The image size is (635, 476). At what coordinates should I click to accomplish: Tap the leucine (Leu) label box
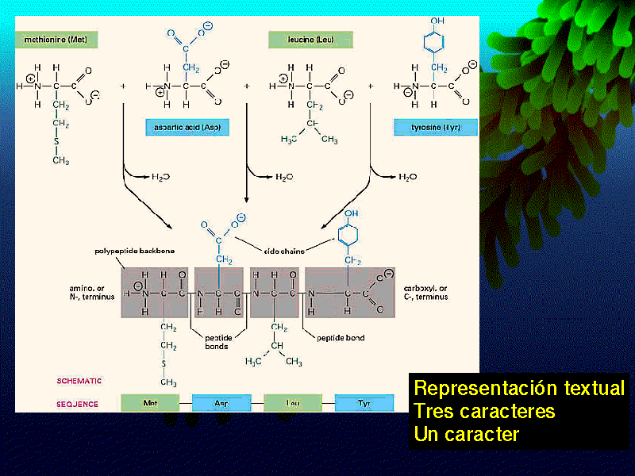310,39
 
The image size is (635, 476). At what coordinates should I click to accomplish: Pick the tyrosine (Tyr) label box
426,127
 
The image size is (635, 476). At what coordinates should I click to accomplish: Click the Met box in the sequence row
150,403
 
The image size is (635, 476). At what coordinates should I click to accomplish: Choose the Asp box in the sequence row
221,403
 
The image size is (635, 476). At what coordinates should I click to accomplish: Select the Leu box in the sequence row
293,403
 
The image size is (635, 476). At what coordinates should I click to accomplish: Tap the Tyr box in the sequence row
364,403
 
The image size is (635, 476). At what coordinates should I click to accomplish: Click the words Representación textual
519,389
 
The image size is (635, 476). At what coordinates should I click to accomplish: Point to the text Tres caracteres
484,412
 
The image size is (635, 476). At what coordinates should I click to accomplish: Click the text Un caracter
466,435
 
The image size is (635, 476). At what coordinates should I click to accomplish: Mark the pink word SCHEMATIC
79,381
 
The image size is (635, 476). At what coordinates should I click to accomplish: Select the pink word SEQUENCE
77,404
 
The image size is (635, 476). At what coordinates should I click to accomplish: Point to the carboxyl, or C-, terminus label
425,292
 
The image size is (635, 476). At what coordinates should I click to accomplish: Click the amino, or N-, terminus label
92,291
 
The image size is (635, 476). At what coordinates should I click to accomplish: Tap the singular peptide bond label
341,338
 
